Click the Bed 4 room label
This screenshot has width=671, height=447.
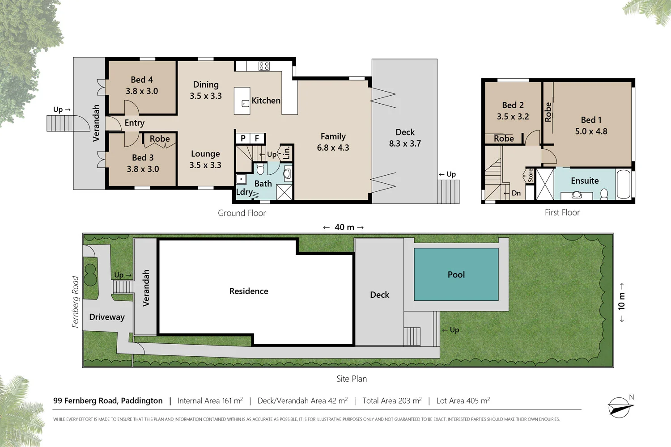tap(142, 80)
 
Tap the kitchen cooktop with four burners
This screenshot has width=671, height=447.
tap(264, 66)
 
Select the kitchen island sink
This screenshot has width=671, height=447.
tap(245, 103)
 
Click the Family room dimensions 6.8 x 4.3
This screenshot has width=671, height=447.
tap(333, 148)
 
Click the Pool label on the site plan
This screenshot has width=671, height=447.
tap(456, 274)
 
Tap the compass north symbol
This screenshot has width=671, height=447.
tap(620, 407)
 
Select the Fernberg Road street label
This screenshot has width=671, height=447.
tap(75, 302)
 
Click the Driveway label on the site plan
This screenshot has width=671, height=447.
tap(106, 317)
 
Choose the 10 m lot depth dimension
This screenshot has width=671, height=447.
tap(621, 302)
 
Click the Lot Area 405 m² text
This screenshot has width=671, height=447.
tap(463, 401)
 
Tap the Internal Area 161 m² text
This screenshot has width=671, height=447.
tap(210, 401)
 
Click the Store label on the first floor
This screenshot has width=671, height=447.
tap(531, 175)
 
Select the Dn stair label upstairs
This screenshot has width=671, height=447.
tap(516, 193)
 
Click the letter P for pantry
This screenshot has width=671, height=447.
tap(243, 138)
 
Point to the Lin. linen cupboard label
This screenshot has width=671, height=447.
tap(286, 153)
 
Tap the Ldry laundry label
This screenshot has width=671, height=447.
tap(244, 192)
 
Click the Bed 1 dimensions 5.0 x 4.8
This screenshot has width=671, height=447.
tap(591, 131)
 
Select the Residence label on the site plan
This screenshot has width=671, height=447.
tap(248, 291)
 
